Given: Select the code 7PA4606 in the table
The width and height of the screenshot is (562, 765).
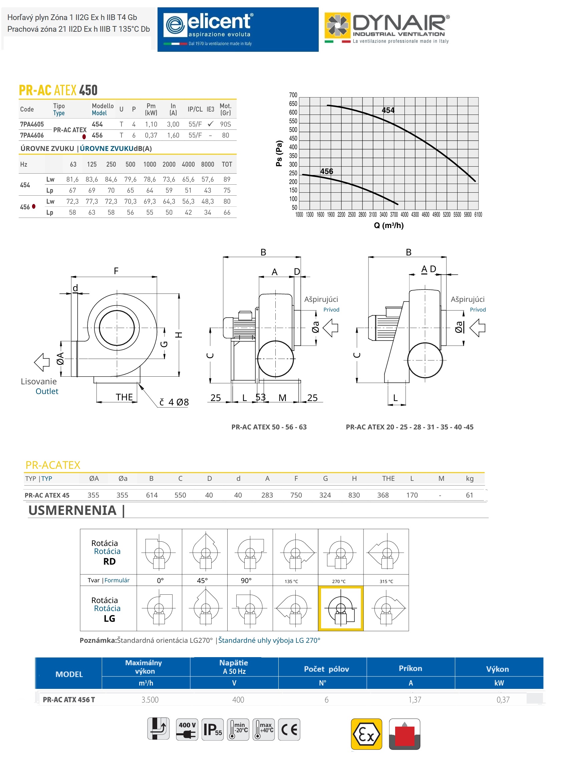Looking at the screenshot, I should click(x=32, y=136).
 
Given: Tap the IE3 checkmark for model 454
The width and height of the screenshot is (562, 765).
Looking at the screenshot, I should click(x=211, y=124).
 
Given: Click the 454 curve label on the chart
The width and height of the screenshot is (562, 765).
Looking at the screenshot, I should click(x=388, y=110).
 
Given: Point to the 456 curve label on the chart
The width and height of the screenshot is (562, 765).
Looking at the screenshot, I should click(x=327, y=172).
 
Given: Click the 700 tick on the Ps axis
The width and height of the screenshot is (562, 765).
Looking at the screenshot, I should click(x=293, y=95).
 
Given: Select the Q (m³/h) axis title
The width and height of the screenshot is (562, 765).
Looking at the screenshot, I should click(x=388, y=226).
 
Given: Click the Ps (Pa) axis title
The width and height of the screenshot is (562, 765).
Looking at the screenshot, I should click(x=279, y=153).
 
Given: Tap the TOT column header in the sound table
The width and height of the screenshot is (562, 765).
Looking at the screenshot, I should click(x=227, y=165).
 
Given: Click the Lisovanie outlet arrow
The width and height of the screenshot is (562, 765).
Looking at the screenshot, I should click(x=42, y=362).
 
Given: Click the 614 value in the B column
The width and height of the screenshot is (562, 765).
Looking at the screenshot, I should click(x=152, y=496).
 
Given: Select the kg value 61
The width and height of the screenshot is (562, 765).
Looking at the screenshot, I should click(x=470, y=496).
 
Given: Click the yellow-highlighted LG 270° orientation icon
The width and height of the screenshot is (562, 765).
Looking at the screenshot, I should click(x=340, y=608).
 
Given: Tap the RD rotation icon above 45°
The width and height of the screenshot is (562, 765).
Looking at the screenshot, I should click(x=205, y=552).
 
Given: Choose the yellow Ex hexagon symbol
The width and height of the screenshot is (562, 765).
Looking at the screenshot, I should click(x=366, y=734).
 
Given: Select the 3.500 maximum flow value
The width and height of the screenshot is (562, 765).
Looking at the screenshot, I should click(x=150, y=700).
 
